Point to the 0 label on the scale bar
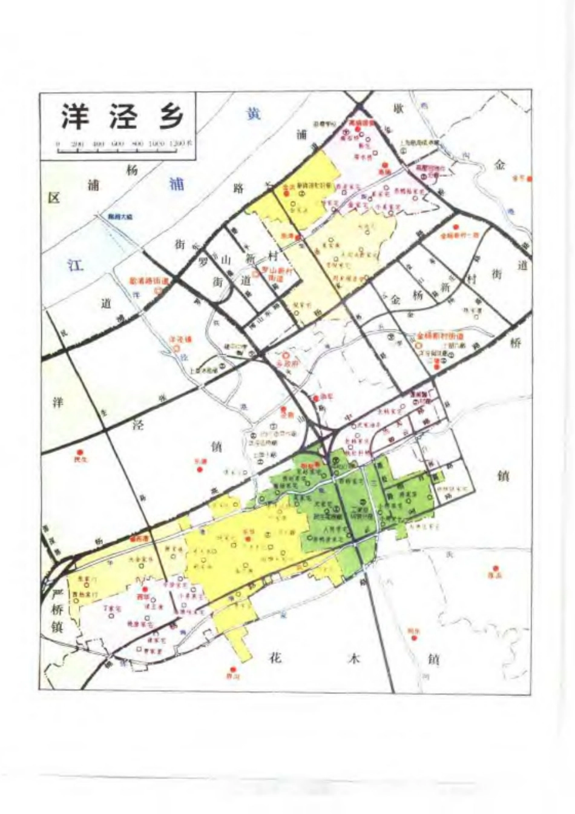pos(57,144)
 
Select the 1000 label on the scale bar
pos(157,144)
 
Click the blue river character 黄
pos(253,113)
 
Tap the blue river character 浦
pos(177,184)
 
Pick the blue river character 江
pos(75,265)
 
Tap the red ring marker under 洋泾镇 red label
pos(176,349)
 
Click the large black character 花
pos(275,658)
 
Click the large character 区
pos(54,198)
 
